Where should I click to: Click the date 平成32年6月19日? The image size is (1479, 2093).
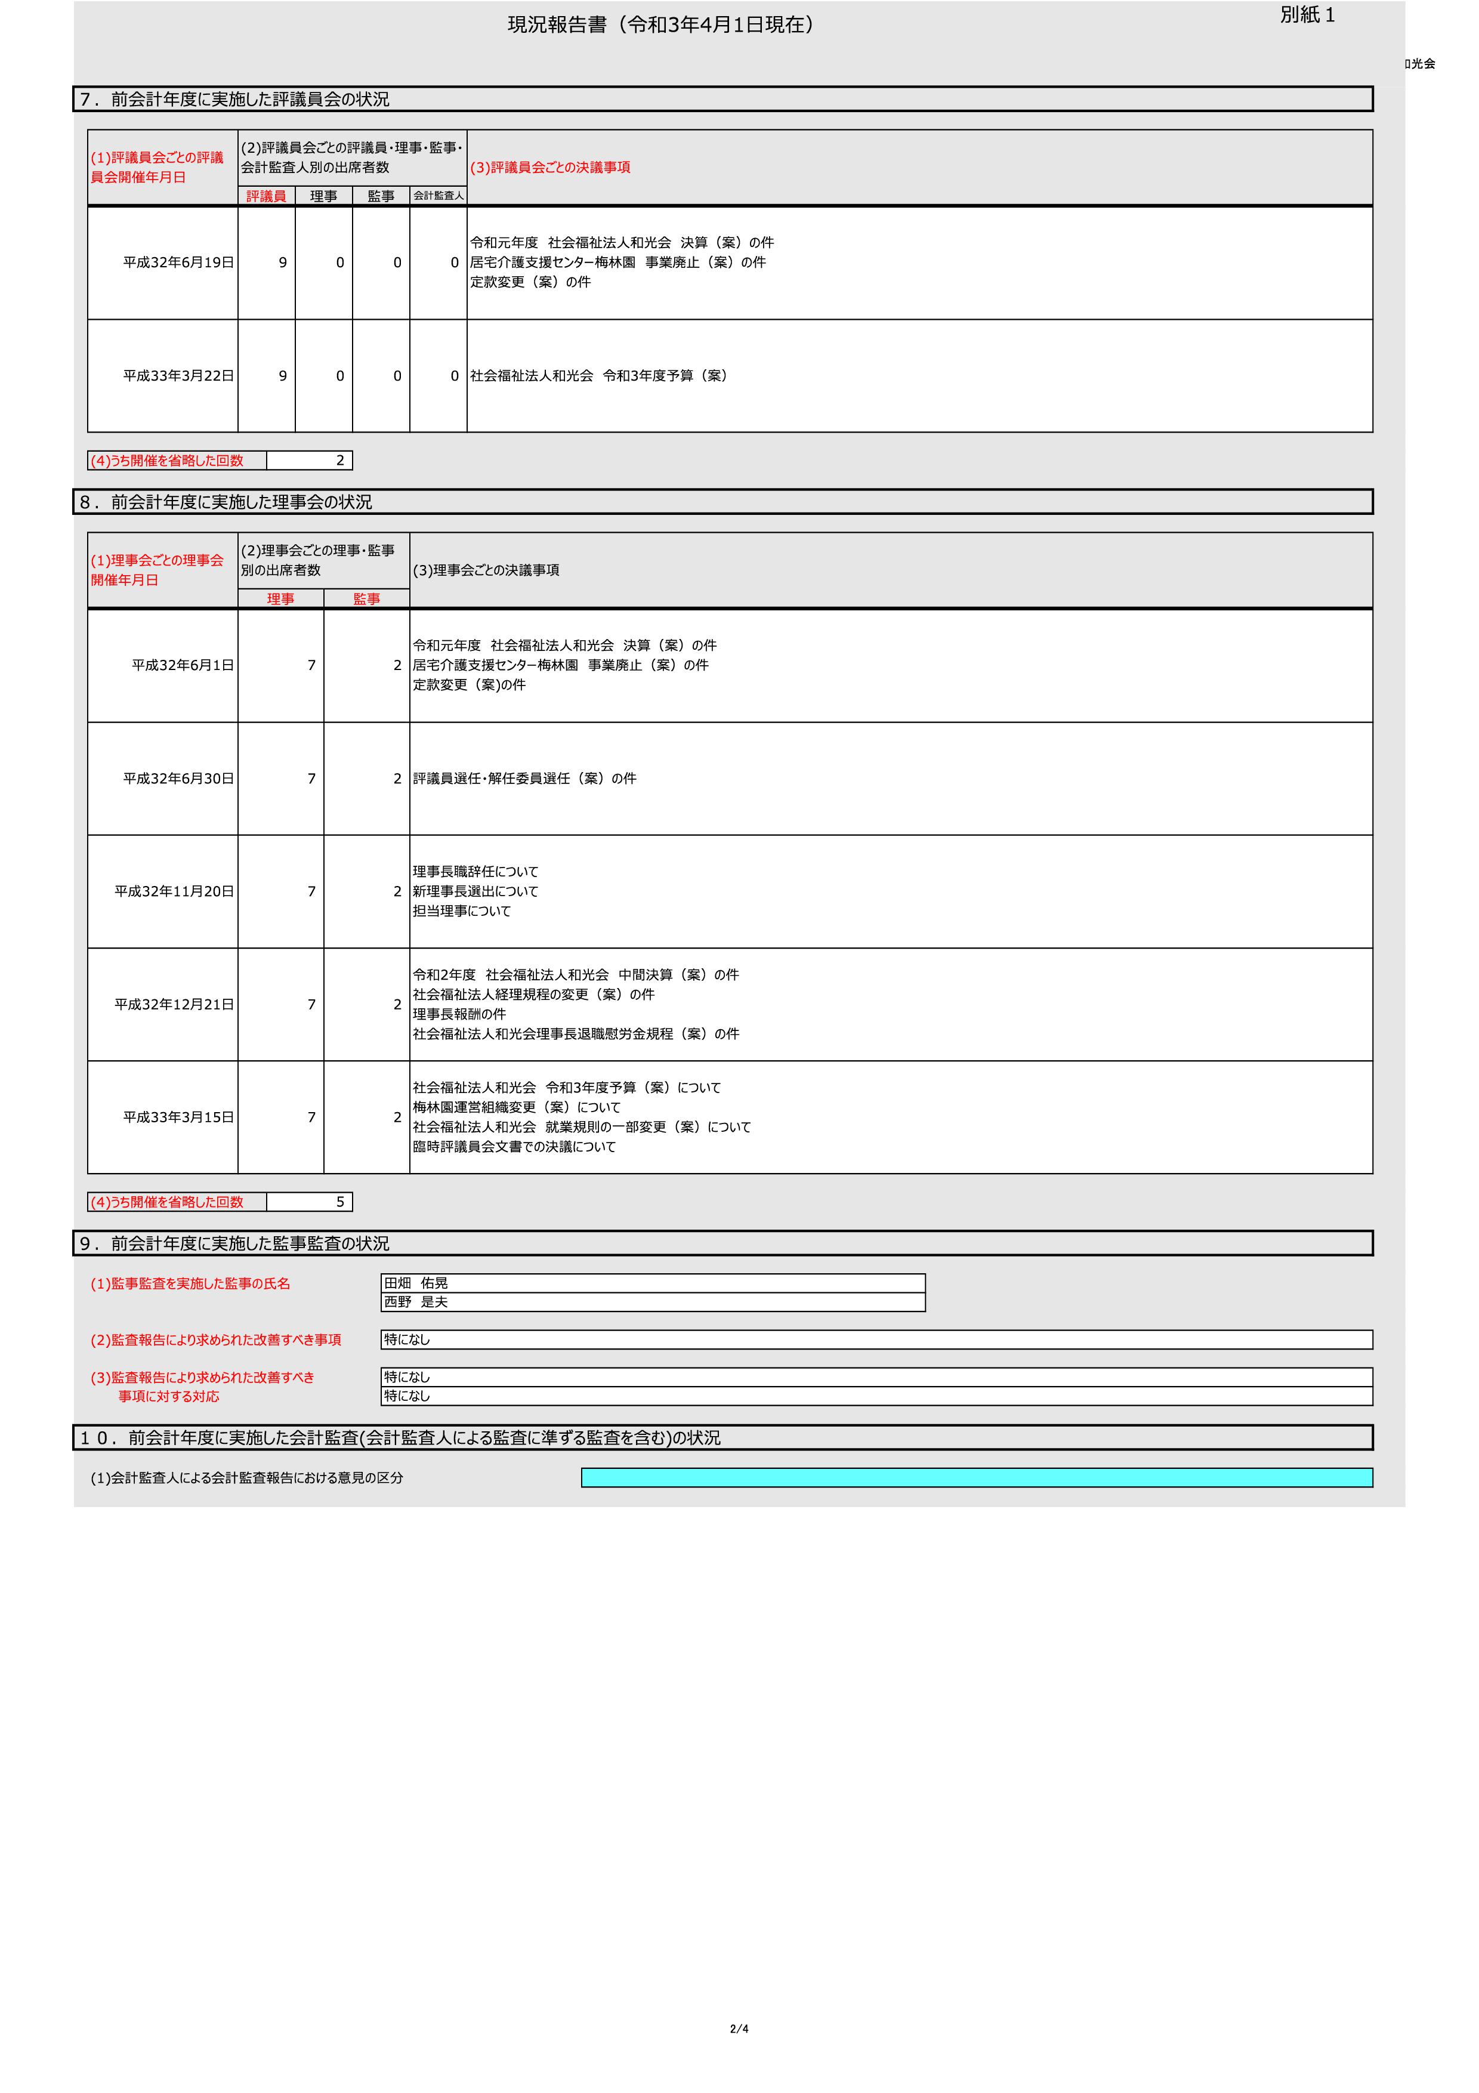pos(178,263)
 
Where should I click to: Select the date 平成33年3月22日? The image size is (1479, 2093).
pos(178,375)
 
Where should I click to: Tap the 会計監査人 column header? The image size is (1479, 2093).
pos(439,196)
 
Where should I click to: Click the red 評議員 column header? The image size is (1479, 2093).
pos(266,196)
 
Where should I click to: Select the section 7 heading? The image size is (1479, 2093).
pos(235,100)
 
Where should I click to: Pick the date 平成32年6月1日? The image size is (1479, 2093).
pos(183,665)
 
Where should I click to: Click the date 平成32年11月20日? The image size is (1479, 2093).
pos(174,891)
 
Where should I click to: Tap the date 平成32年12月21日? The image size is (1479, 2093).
pos(174,1005)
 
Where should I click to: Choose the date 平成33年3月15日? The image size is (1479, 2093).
pos(178,1117)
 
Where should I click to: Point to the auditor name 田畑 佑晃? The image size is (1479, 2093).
pos(416,1283)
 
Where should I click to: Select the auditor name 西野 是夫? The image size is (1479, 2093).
pos(416,1302)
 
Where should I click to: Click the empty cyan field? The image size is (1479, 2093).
pos(977,1478)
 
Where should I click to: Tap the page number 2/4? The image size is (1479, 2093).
pos(739,2029)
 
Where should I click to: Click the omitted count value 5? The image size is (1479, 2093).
pos(340,1202)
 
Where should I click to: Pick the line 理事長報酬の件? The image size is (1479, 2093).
pos(459,1015)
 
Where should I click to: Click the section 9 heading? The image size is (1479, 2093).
pos(235,1245)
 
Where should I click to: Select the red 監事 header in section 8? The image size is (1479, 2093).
pos(366,599)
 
